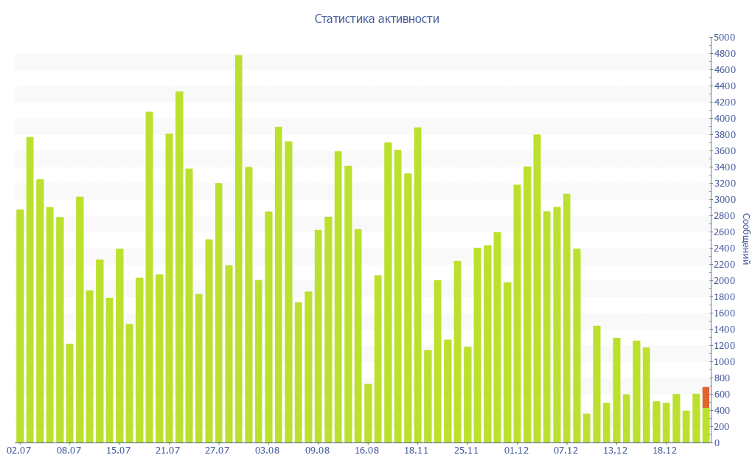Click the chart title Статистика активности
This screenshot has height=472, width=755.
coord(377,18)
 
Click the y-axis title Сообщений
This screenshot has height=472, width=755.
coord(746,239)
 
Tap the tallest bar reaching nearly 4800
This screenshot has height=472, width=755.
coord(238,249)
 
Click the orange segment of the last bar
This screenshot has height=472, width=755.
coord(706,397)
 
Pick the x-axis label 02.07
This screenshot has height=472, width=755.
coord(18,451)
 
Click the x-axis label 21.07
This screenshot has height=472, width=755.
coord(168,451)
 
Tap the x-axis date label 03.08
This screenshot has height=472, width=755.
coord(268,451)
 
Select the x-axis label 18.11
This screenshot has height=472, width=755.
coord(417,451)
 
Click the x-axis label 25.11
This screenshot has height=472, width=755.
coord(467,451)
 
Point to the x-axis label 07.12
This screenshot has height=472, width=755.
coord(566,451)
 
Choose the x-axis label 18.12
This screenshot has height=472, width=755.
coord(665,451)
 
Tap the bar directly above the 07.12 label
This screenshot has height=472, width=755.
coord(566,318)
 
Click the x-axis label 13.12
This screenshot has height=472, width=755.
coord(616,451)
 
